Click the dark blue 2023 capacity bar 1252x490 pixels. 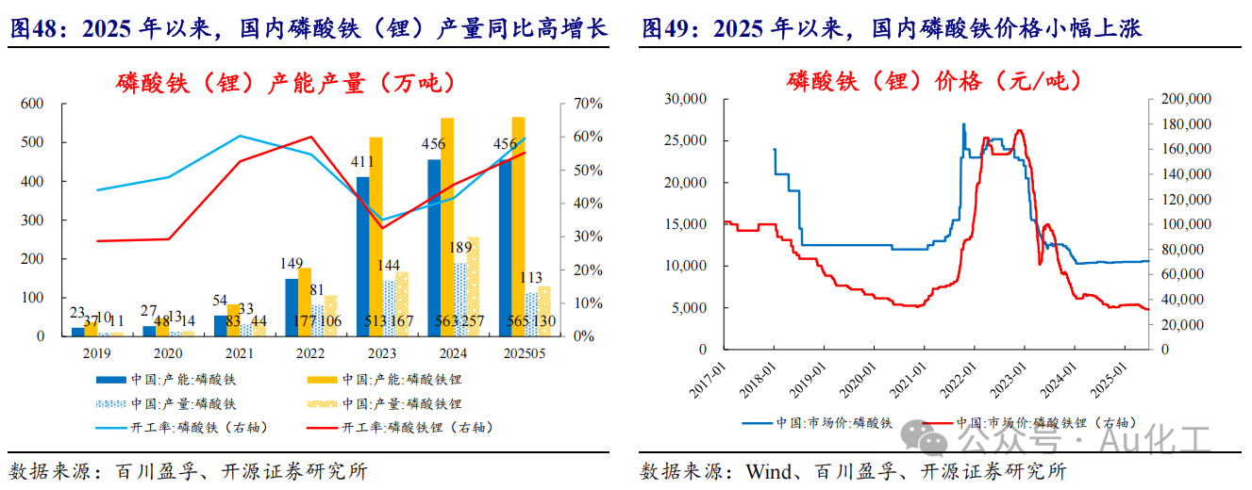tap(362, 254)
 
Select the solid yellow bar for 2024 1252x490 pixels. tap(447, 226)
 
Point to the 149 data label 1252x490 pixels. tap(292, 263)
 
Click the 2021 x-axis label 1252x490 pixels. tap(234, 354)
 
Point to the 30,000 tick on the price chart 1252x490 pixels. tap(687, 98)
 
